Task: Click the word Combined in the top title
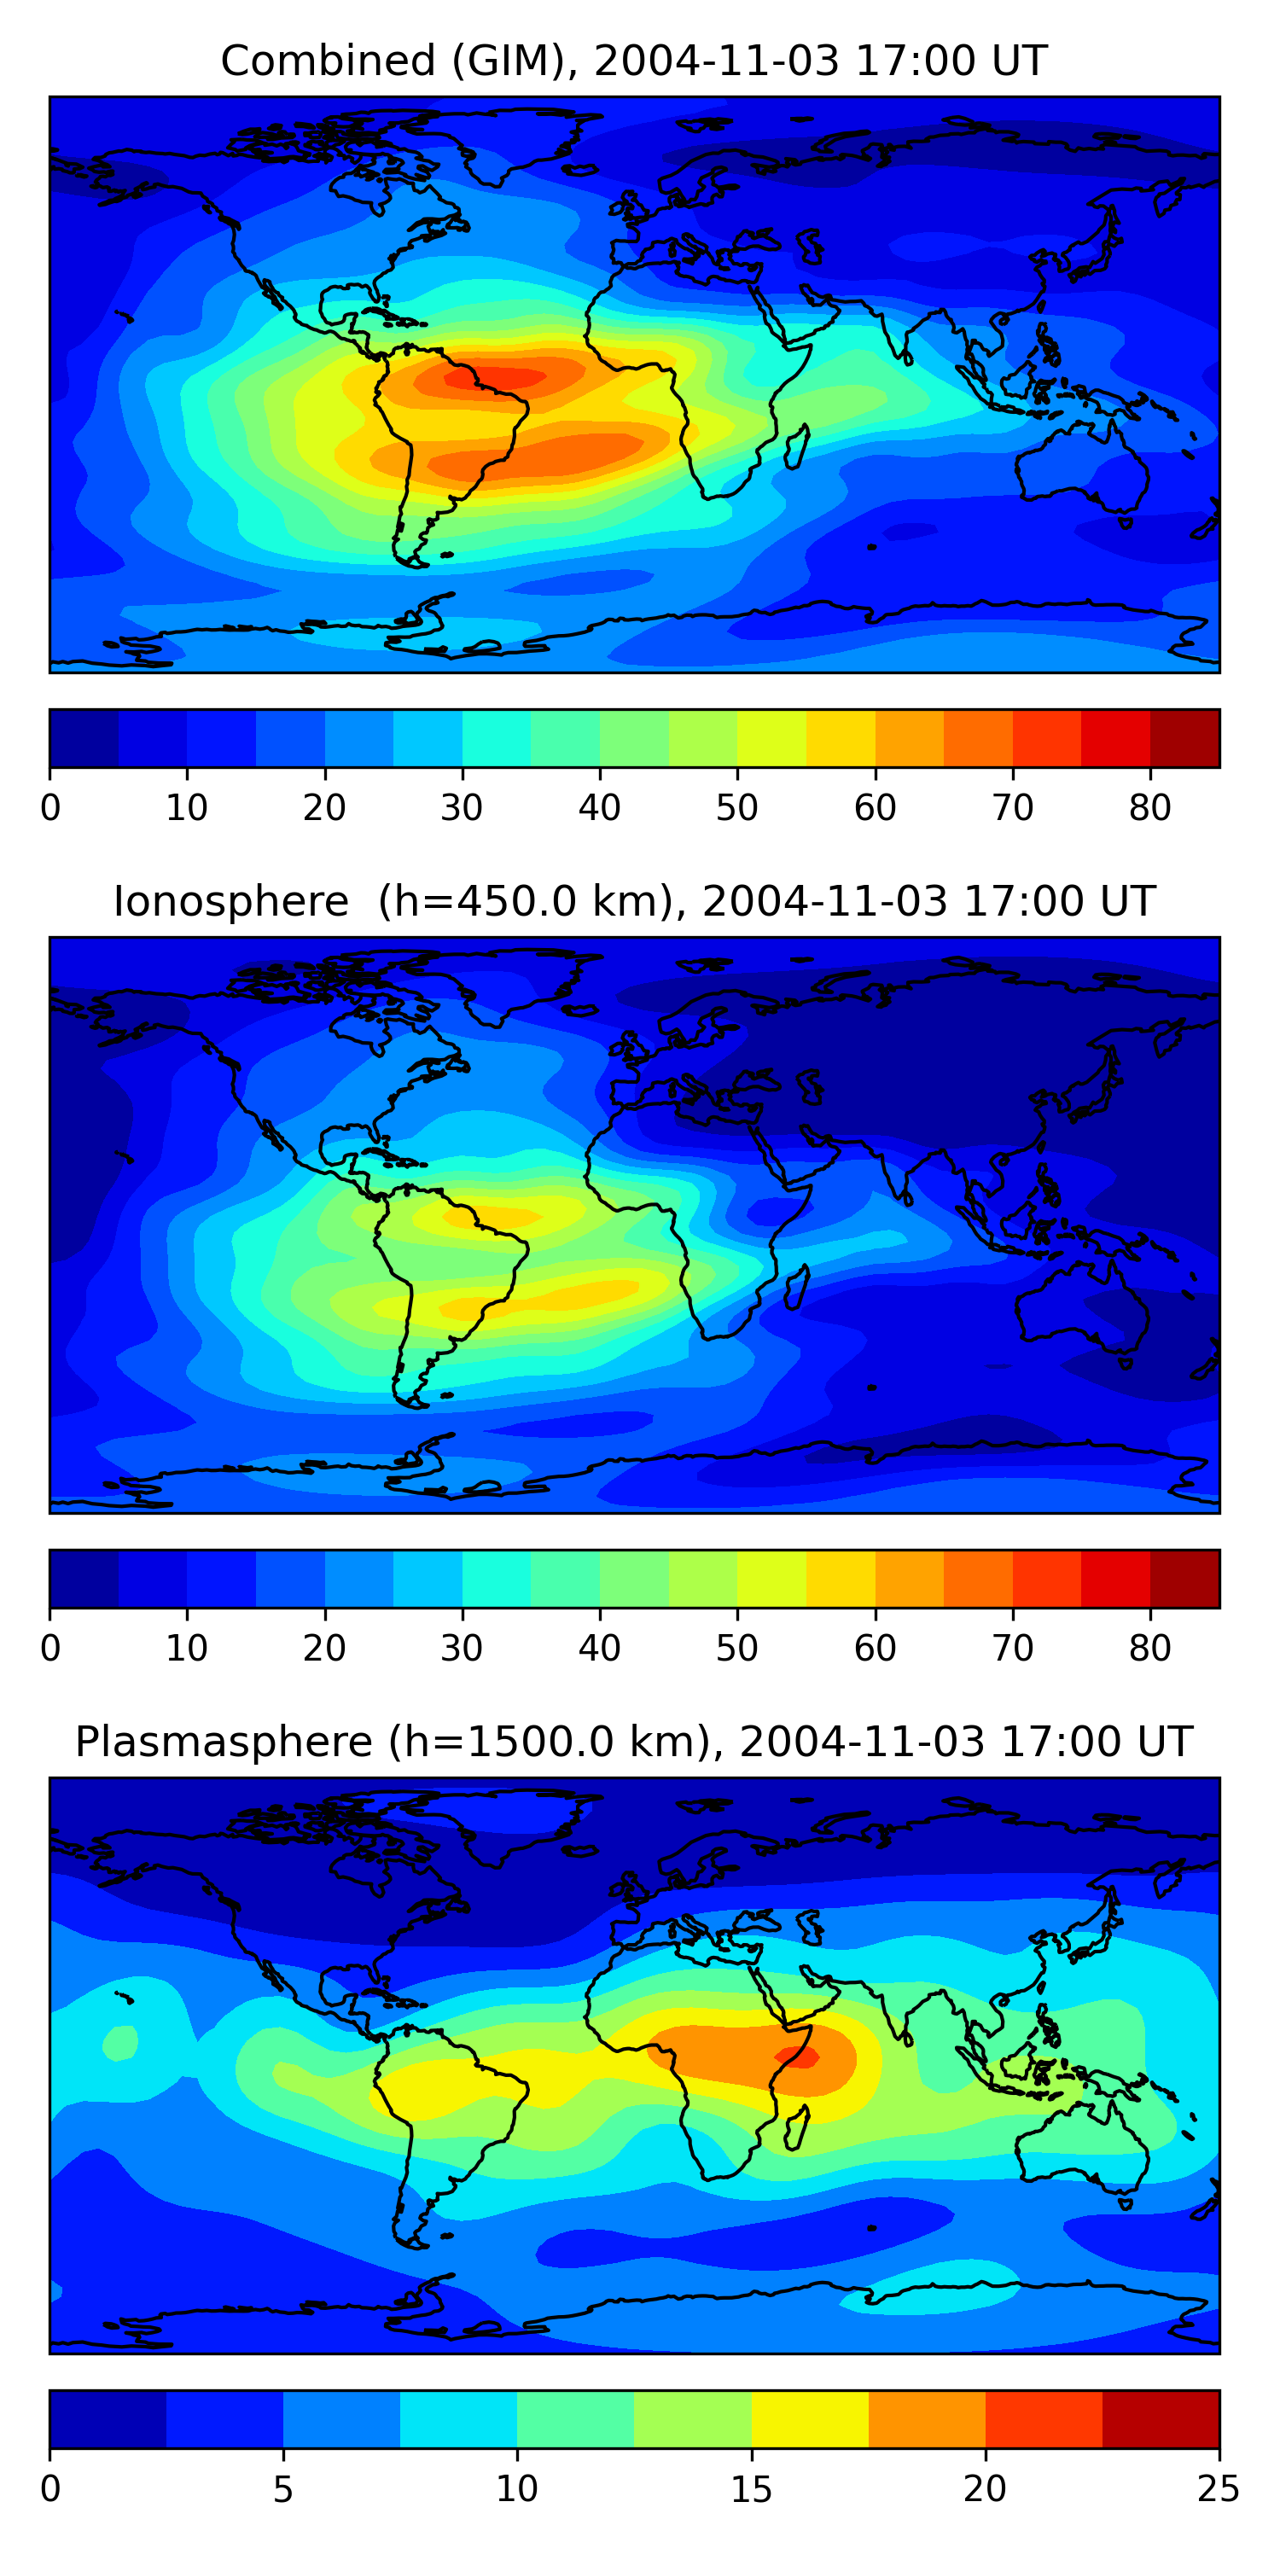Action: [x=327, y=61]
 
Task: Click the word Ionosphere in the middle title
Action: [x=230, y=902]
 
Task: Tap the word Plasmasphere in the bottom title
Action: [x=223, y=1743]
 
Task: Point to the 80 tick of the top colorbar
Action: [x=1149, y=807]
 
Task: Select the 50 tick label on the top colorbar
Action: [x=736, y=808]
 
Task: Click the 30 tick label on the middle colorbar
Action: [x=463, y=1648]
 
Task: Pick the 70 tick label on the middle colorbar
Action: [x=1013, y=1648]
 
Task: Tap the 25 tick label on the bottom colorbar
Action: [x=1219, y=2488]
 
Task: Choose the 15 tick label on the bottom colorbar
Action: [x=751, y=2488]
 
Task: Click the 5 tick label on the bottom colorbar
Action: [x=283, y=2488]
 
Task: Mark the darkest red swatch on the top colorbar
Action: [x=1184, y=738]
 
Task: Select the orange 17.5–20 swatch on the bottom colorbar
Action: [x=928, y=2419]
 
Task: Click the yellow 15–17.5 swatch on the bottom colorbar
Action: [x=810, y=2419]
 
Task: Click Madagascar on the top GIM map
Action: [x=797, y=447]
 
